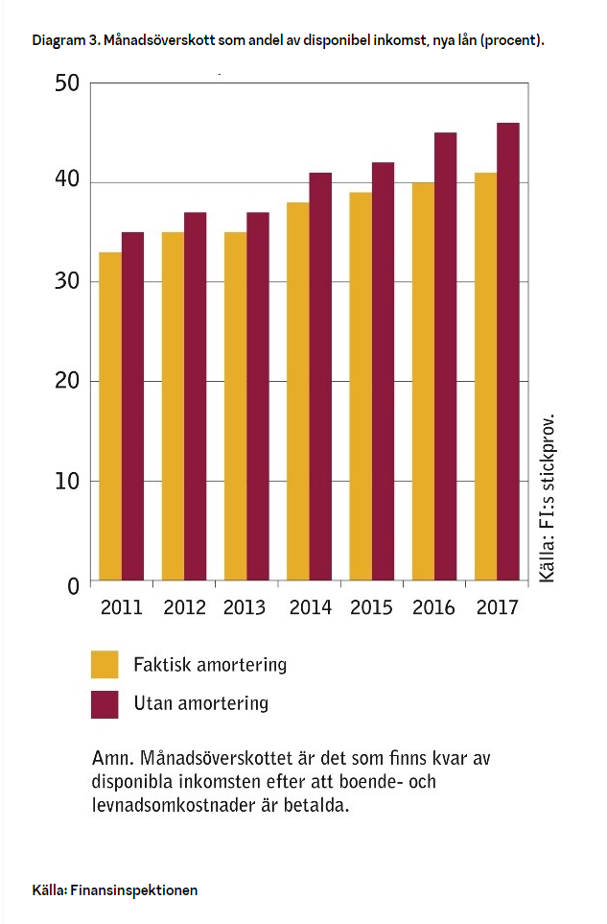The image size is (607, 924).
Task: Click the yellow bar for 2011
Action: [110, 416]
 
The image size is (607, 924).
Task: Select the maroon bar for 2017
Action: [507, 351]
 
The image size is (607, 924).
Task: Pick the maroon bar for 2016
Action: [445, 356]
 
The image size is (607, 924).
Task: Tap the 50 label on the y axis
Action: [64, 84]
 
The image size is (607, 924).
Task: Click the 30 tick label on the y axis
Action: [64, 283]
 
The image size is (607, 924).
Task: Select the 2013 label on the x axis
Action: [245, 607]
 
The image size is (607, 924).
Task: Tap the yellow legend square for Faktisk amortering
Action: [105, 665]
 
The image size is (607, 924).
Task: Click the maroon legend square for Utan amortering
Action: [105, 703]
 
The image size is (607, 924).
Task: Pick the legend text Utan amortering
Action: [200, 703]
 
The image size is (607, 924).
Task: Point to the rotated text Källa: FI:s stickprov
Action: [547, 499]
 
